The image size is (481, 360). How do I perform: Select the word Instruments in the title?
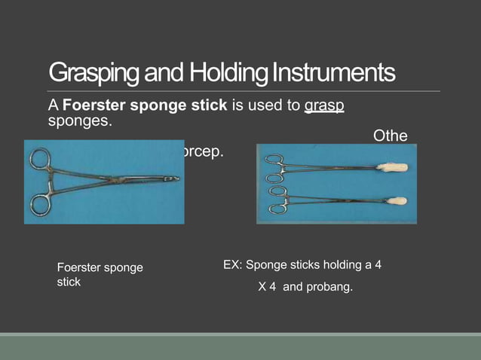tap(335, 73)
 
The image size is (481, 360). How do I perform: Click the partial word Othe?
tap(391, 136)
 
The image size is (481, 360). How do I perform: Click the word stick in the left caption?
tap(69, 282)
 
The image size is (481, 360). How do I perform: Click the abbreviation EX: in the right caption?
tap(233, 265)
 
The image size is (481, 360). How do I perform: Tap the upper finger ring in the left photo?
tap(39, 160)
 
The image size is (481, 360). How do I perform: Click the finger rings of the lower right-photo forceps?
tap(277, 199)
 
